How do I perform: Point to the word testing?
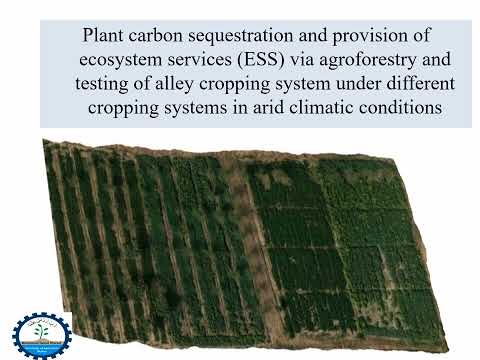(x=104, y=83)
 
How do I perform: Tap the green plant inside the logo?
(x=41, y=331)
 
